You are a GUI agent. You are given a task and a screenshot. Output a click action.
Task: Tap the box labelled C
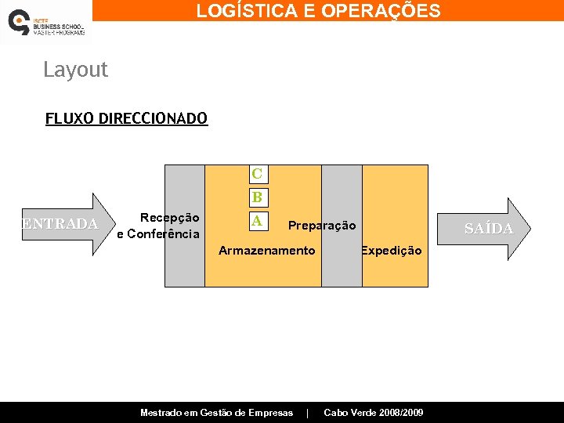point(257,173)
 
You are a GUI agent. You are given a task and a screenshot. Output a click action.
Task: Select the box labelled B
point(257,197)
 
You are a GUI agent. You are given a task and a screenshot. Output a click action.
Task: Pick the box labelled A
point(257,221)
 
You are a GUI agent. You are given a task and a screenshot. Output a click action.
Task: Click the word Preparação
point(322,226)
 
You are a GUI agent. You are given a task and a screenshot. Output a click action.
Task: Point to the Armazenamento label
point(266,251)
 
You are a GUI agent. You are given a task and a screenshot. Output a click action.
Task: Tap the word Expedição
point(391,251)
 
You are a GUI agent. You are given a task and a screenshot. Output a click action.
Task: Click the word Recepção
point(169,218)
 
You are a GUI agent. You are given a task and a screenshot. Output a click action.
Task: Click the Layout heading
point(75,70)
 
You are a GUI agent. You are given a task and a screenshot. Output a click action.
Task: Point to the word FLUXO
point(70,118)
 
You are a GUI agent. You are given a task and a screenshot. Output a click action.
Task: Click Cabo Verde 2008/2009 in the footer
point(373,413)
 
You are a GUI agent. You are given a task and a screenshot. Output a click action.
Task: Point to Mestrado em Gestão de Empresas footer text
point(216,413)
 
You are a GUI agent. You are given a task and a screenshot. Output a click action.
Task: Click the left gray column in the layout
point(185,266)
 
